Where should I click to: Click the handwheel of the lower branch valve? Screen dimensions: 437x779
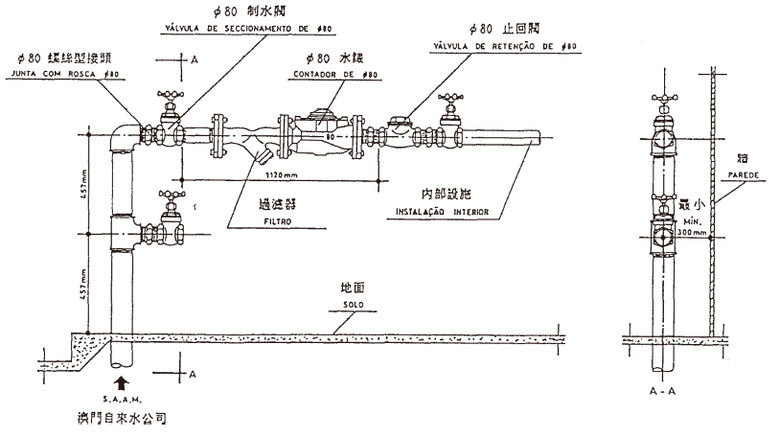click(x=172, y=196)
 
